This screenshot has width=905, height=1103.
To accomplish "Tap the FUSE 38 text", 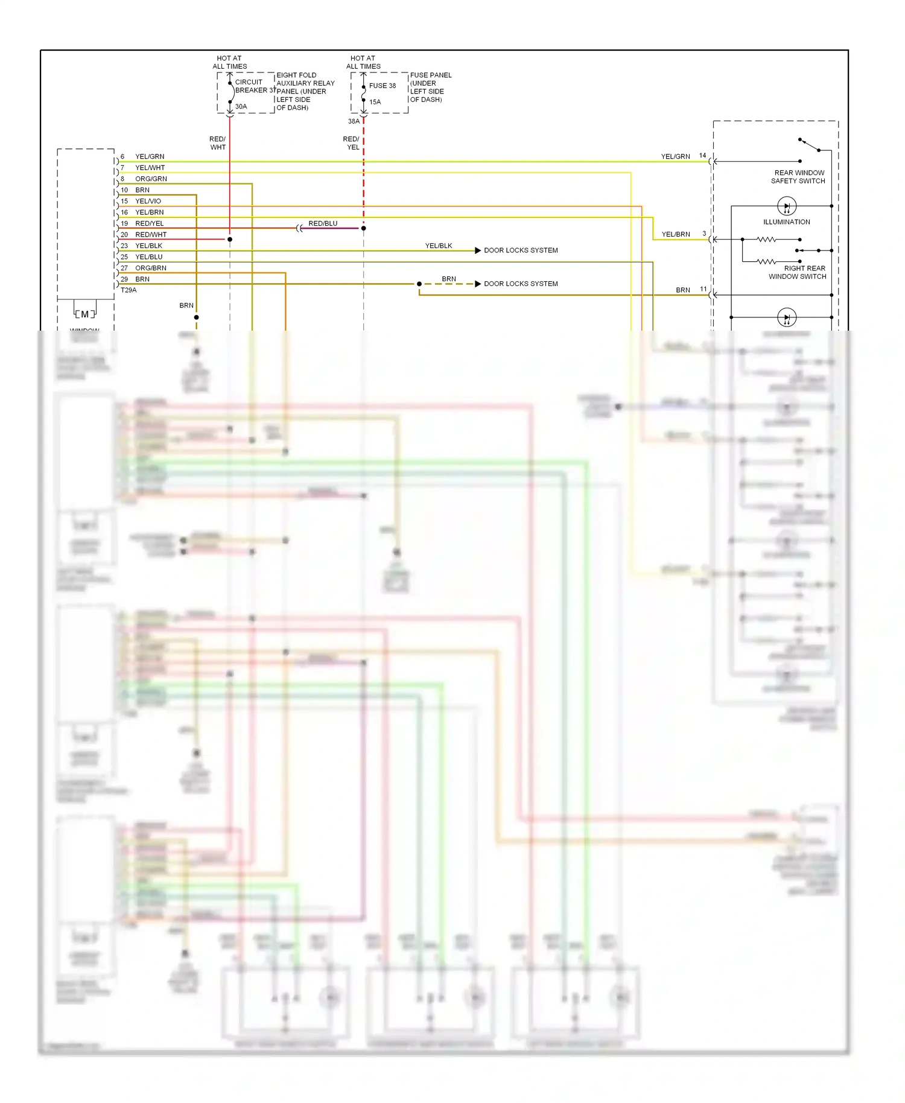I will (x=383, y=86).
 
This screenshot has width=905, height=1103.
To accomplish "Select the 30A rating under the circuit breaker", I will (x=241, y=107).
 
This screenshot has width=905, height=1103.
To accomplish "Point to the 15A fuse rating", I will (x=375, y=102).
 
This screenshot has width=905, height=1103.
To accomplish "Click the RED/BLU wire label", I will (x=323, y=223).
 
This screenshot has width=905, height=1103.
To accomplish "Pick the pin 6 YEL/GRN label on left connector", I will (x=149, y=156).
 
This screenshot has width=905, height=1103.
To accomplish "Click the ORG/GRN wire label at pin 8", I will (x=151, y=179).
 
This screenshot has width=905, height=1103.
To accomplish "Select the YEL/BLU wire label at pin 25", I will (x=148, y=257).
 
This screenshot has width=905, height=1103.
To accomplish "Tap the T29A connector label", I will (x=129, y=290).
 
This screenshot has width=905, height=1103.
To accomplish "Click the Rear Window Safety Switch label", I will (x=798, y=177).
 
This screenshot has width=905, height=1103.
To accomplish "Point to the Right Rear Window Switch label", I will (x=798, y=272).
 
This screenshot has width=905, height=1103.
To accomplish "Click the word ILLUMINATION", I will (x=786, y=222).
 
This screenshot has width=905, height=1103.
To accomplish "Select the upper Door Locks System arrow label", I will (x=520, y=250).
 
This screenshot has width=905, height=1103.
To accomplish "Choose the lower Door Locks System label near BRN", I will (x=520, y=284).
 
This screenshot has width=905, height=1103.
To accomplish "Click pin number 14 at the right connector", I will (x=702, y=156).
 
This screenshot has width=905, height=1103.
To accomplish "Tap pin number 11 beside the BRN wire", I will (x=703, y=289).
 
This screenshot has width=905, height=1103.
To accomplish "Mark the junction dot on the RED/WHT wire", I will (x=230, y=240).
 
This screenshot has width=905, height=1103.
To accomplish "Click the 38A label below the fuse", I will (x=354, y=121).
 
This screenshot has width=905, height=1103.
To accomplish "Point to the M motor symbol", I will (x=85, y=314).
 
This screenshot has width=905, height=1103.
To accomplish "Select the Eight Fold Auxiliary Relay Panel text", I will (x=305, y=91).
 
